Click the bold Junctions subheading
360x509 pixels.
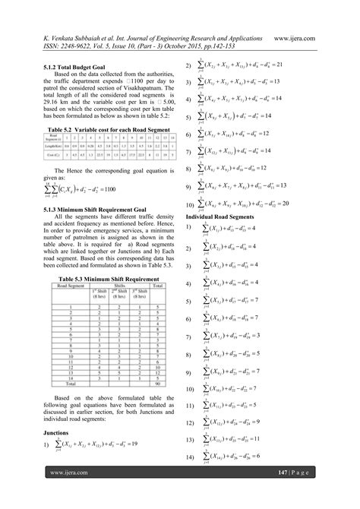(x=57, y=432)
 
